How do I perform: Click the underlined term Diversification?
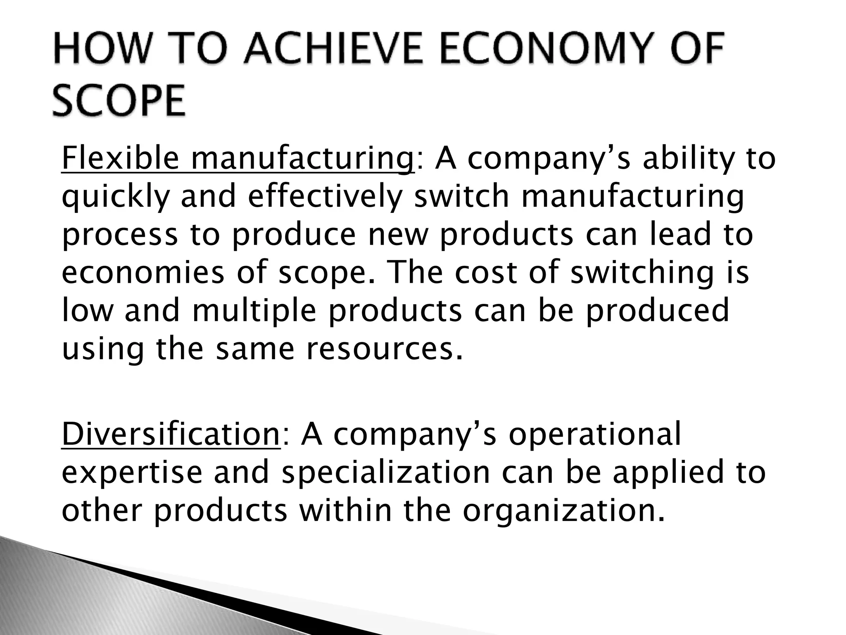171,434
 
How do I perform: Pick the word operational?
594,434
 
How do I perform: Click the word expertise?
132,473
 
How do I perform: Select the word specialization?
385,473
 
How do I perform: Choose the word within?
345,510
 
